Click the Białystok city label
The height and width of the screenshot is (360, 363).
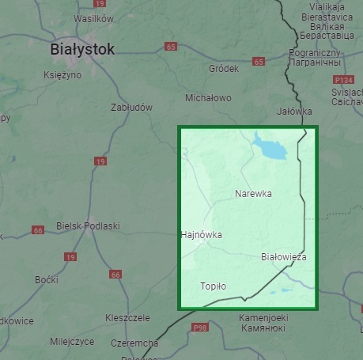point(81,49)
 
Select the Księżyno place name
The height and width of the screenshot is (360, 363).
point(62,74)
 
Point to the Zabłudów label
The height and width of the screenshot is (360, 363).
point(131,107)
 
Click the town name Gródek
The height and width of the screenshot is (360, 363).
point(223,69)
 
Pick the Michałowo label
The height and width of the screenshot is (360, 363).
point(208,98)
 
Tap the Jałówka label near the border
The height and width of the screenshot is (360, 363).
point(295,112)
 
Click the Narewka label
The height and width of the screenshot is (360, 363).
point(253,193)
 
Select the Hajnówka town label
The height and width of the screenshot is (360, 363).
point(201,235)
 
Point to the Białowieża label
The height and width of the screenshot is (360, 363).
point(283,257)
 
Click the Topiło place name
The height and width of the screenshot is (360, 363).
point(214,286)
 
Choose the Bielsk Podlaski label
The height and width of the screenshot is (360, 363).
point(88,226)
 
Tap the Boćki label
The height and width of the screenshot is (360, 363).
point(47,280)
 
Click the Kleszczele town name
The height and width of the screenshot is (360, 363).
point(127,317)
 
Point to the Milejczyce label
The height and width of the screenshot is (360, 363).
point(71,342)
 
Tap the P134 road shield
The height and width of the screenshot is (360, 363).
point(343,80)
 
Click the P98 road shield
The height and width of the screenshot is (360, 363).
point(199,327)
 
